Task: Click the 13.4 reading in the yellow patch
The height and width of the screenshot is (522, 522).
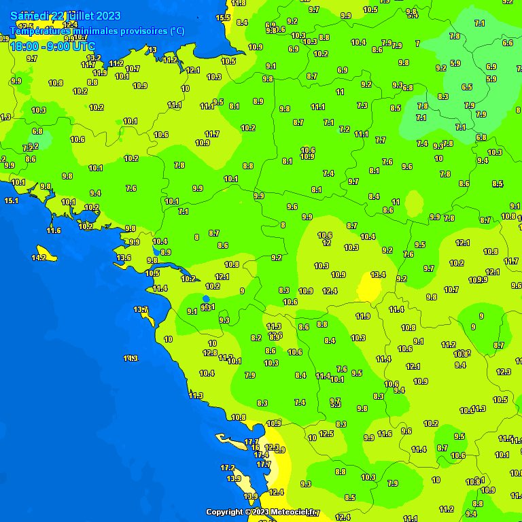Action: click(379, 275)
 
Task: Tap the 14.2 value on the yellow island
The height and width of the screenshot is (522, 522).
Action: click(39, 258)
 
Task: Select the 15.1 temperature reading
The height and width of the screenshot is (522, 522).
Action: click(11, 201)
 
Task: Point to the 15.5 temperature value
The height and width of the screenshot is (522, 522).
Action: click(223, 18)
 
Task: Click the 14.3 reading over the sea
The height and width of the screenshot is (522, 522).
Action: click(130, 358)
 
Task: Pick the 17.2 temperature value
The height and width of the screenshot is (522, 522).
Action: click(228, 468)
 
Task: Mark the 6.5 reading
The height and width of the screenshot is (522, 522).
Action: click(467, 87)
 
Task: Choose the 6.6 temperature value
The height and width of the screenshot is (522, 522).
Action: click(508, 43)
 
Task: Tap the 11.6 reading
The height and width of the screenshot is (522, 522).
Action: click(54, 230)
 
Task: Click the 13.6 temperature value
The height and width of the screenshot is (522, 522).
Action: click(124, 258)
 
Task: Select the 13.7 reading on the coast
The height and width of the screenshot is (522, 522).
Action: click(141, 310)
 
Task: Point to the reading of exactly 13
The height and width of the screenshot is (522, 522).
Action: click(152, 50)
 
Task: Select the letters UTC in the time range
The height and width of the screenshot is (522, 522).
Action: click(82, 46)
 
